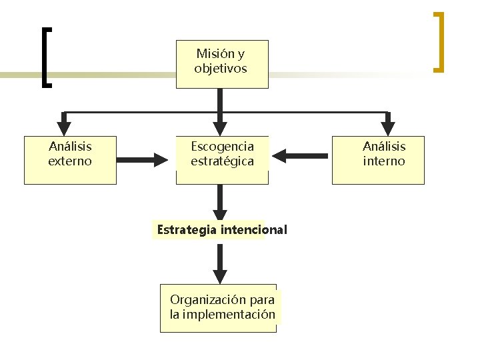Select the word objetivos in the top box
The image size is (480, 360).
point(221,69)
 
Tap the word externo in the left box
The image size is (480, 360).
point(70,161)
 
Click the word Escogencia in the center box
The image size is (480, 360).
point(222,146)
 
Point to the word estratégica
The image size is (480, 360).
point(222,161)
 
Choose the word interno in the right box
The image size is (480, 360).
point(384,161)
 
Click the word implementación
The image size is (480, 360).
point(229,314)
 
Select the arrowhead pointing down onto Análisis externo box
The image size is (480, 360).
point(64,127)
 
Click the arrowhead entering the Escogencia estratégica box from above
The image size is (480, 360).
point(220,127)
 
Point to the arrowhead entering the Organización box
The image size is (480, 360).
point(220,275)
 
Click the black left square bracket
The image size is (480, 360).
point(45,57)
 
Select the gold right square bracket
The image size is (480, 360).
point(439,41)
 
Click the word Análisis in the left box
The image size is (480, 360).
point(70,146)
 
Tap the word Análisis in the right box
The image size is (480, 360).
point(384,146)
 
